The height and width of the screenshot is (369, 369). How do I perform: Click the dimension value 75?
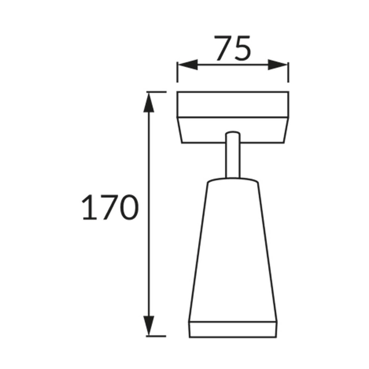[232, 49]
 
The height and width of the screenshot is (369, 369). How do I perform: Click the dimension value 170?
[109, 208]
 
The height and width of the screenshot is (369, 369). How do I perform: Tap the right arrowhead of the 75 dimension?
[279, 65]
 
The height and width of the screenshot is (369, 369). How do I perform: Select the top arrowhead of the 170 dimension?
[148, 102]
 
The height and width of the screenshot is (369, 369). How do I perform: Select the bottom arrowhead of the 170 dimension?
[148, 326]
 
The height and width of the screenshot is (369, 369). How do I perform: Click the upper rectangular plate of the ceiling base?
[232, 104]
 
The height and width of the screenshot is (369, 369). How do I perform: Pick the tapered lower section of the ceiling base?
[232, 130]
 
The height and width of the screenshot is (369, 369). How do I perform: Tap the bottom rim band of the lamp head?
[232, 328]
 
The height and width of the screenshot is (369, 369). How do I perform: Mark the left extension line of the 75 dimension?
[177, 71]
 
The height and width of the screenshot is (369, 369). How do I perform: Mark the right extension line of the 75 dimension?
[288, 71]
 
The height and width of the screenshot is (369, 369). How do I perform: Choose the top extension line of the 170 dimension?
[156, 92]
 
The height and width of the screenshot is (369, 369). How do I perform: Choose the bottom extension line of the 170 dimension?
[156, 336]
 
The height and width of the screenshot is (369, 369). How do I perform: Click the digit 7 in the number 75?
[223, 49]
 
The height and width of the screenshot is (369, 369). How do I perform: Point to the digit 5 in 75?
[242, 49]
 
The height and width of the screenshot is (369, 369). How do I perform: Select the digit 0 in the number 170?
[128, 208]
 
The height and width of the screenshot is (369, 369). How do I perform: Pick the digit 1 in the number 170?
[88, 208]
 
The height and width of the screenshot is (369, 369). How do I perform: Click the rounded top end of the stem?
[232, 134]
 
